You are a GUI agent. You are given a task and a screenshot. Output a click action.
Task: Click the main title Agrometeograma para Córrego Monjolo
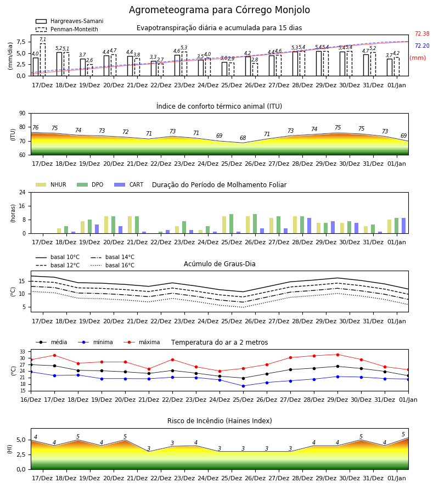(219, 10)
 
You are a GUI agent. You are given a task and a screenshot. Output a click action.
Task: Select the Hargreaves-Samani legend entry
(69, 21)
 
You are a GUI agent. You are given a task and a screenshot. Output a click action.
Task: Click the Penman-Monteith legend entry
(67, 29)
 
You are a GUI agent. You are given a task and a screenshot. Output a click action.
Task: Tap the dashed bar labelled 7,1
(42, 60)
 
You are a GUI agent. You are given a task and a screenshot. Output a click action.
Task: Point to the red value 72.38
(422, 33)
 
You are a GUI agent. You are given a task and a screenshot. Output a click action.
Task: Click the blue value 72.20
(422, 46)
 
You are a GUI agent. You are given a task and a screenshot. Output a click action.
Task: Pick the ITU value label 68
(243, 138)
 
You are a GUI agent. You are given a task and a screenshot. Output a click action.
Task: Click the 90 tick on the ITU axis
(22, 114)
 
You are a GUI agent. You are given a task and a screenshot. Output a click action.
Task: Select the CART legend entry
(128, 184)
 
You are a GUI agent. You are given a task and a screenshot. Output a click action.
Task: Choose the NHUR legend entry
(51, 184)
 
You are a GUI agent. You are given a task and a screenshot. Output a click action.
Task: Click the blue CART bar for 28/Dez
(309, 226)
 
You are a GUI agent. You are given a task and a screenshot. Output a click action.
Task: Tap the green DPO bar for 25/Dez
(231, 224)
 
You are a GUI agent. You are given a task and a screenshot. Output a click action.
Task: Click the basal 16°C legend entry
(112, 265)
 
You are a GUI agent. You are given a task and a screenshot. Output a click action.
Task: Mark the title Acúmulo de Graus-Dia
(219, 264)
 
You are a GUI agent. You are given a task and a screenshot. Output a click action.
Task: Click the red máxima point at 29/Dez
(337, 355)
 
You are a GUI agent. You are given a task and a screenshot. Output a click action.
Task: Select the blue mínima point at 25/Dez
(243, 386)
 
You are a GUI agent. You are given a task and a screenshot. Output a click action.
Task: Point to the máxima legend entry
(142, 342)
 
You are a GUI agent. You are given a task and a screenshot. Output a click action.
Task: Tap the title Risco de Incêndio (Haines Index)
(219, 421)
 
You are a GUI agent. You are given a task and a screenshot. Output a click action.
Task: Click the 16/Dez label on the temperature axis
(31, 400)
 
